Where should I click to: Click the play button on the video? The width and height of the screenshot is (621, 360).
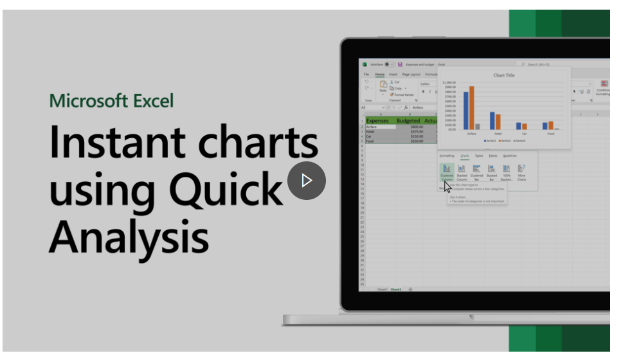point(306,181)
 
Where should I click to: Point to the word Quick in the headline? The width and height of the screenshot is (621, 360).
point(226,190)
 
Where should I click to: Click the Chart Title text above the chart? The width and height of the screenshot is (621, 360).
point(504,75)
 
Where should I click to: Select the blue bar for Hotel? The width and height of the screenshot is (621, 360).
point(492,121)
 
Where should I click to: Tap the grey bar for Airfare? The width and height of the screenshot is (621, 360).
point(477,127)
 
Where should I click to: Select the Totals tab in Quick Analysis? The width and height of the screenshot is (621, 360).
point(492,156)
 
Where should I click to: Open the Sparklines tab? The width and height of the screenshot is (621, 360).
point(509,156)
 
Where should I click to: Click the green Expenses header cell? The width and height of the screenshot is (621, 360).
point(377,120)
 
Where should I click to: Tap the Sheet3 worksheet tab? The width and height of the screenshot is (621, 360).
point(397,289)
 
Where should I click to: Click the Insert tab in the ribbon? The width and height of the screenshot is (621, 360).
point(393,75)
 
